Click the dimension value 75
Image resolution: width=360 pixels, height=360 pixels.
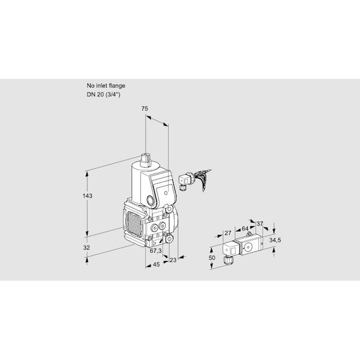coord(145,109)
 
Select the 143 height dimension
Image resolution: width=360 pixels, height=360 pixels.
coord(88,196)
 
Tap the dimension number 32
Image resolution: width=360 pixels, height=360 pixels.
coord(86,248)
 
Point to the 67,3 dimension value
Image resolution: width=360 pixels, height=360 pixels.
coord(155,251)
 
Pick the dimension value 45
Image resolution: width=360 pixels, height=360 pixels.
coord(156,265)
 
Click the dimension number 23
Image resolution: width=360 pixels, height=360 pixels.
coord(173,260)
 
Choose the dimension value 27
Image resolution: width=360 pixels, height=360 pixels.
coord(227,233)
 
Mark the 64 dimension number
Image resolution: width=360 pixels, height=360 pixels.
coord(245,229)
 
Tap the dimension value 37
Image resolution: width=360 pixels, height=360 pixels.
coord(259,224)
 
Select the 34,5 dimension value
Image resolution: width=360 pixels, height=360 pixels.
coord(275,240)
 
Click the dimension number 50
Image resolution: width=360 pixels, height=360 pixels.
coord(212,257)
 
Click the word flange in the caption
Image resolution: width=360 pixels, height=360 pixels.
coord(117,86)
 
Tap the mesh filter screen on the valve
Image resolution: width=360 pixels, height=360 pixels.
coord(134,224)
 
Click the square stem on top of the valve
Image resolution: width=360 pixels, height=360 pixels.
coord(145,160)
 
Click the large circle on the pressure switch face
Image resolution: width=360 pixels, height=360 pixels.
coord(248,247)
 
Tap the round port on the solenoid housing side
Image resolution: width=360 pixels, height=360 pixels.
coord(151,200)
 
